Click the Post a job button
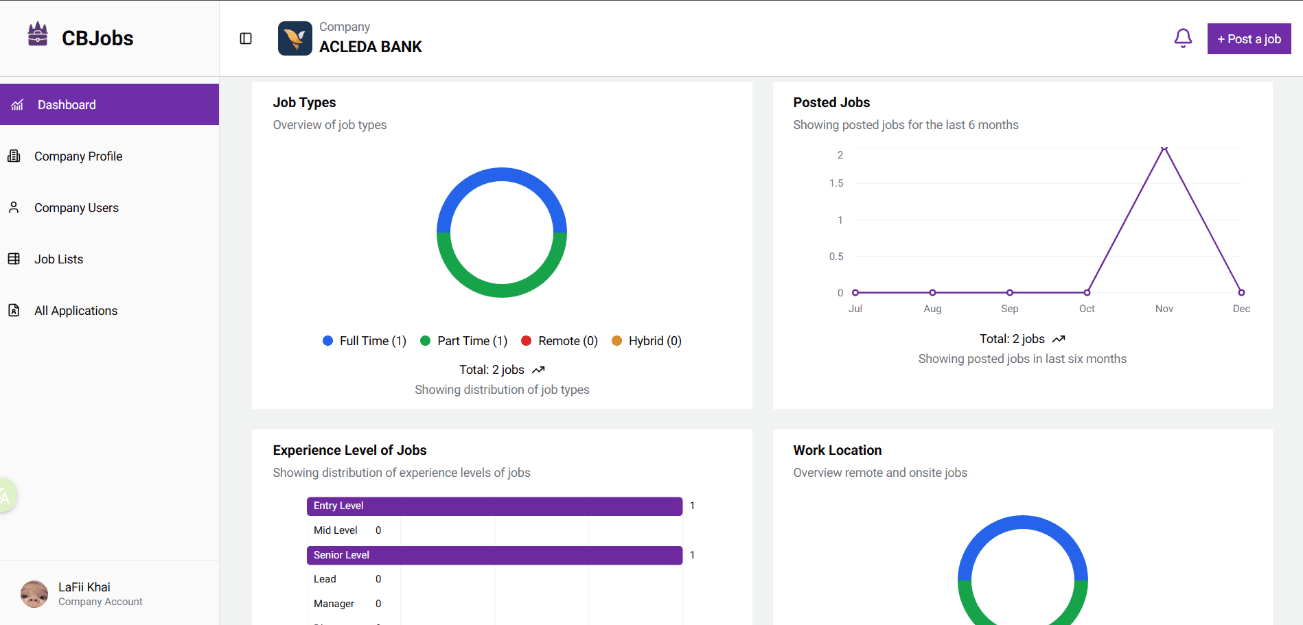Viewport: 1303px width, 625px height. click(x=1249, y=39)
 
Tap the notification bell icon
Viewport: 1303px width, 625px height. click(x=1183, y=38)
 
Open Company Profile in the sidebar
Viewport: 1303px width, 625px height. click(x=78, y=156)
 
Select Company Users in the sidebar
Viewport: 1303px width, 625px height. click(x=76, y=208)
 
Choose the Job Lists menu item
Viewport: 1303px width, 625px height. click(x=58, y=259)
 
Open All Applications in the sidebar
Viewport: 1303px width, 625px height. click(x=76, y=311)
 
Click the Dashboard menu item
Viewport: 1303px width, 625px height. click(x=67, y=105)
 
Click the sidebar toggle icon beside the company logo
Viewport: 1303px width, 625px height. click(x=246, y=38)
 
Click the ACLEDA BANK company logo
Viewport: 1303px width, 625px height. click(x=295, y=38)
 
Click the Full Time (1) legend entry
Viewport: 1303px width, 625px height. click(x=365, y=341)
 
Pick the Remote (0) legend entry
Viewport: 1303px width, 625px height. click(x=560, y=341)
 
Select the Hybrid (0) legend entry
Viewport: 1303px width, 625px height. click(x=647, y=341)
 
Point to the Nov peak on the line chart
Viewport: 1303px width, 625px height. click(x=1164, y=148)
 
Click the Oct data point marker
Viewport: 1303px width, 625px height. click(x=1087, y=292)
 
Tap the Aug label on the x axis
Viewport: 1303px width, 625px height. click(x=932, y=309)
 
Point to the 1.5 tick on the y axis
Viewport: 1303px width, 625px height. click(x=835, y=183)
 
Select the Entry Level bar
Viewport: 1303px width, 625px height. click(x=494, y=506)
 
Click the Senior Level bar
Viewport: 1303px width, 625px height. click(x=494, y=555)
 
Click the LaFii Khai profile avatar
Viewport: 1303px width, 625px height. click(x=34, y=594)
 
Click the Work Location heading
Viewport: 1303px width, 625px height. click(x=837, y=450)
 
